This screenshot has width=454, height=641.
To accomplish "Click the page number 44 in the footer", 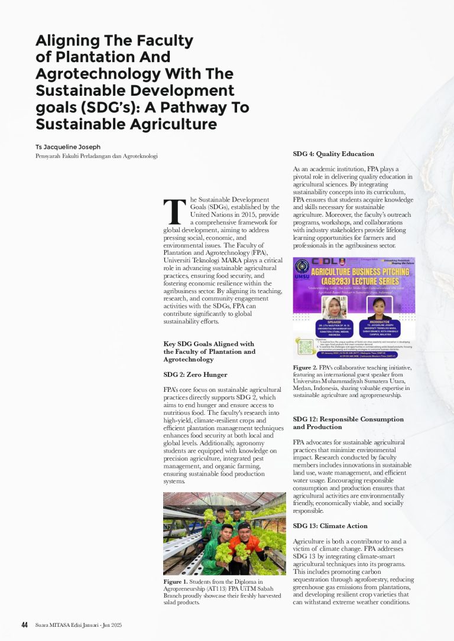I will (25, 625).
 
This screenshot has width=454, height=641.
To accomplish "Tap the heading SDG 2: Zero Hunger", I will (195, 375).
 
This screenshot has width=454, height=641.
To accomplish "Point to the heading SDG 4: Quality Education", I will (333, 154).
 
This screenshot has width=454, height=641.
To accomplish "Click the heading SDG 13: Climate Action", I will (330, 526).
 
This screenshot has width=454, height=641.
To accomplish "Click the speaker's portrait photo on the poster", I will (333, 307).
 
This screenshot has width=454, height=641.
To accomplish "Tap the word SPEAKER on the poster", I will (334, 322).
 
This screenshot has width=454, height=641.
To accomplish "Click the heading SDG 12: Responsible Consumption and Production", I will (348, 423).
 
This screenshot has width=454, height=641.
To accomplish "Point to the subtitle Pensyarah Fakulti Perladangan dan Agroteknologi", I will (96, 156).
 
